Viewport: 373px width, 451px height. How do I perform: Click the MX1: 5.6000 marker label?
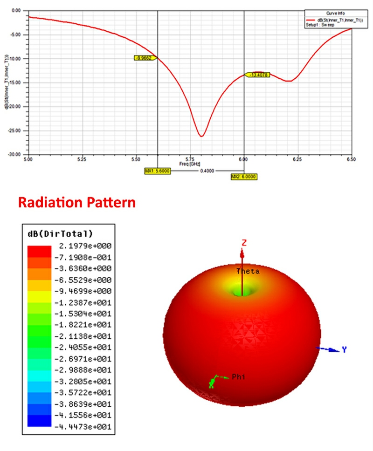coord(158,171)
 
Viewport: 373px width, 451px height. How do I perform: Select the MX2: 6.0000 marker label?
coord(244,177)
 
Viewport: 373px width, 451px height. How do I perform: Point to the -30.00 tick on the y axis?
coord(16,154)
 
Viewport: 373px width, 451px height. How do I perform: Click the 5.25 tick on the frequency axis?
coord(82,159)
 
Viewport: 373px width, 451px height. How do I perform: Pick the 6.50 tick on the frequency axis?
coord(352,159)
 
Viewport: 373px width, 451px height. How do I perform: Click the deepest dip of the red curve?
coord(201,136)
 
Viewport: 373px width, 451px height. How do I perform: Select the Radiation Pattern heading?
coord(76,203)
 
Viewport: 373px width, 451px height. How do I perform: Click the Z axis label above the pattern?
coord(243,242)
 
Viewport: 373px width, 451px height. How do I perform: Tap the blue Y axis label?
coord(344,349)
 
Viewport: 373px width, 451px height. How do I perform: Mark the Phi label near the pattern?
coord(238,376)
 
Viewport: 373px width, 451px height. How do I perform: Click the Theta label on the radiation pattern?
coord(248,271)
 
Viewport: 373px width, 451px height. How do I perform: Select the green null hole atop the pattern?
coord(242,290)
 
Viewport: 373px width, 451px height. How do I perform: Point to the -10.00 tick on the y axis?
coord(16,59)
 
